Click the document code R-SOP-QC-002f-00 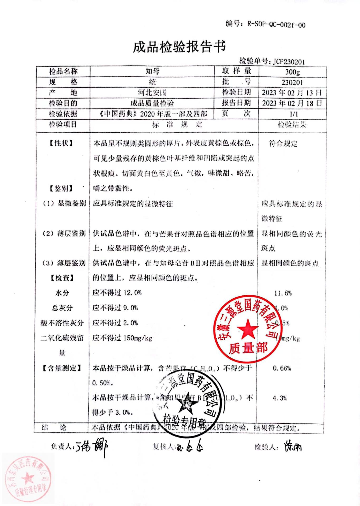coord(276,25)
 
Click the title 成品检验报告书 coord(179,47)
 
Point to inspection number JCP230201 coord(289,62)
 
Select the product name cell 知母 coord(152,71)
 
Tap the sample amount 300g coord(292,72)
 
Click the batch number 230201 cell coord(292,82)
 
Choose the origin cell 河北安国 coord(152,93)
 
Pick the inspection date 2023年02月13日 coord(292,93)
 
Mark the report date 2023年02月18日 coord(292,103)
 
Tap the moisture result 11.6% coord(283,293)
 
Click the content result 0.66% coord(282,368)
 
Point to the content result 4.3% coord(280,398)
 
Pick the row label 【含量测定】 coord(62,368)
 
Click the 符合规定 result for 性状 coord(283,144)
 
